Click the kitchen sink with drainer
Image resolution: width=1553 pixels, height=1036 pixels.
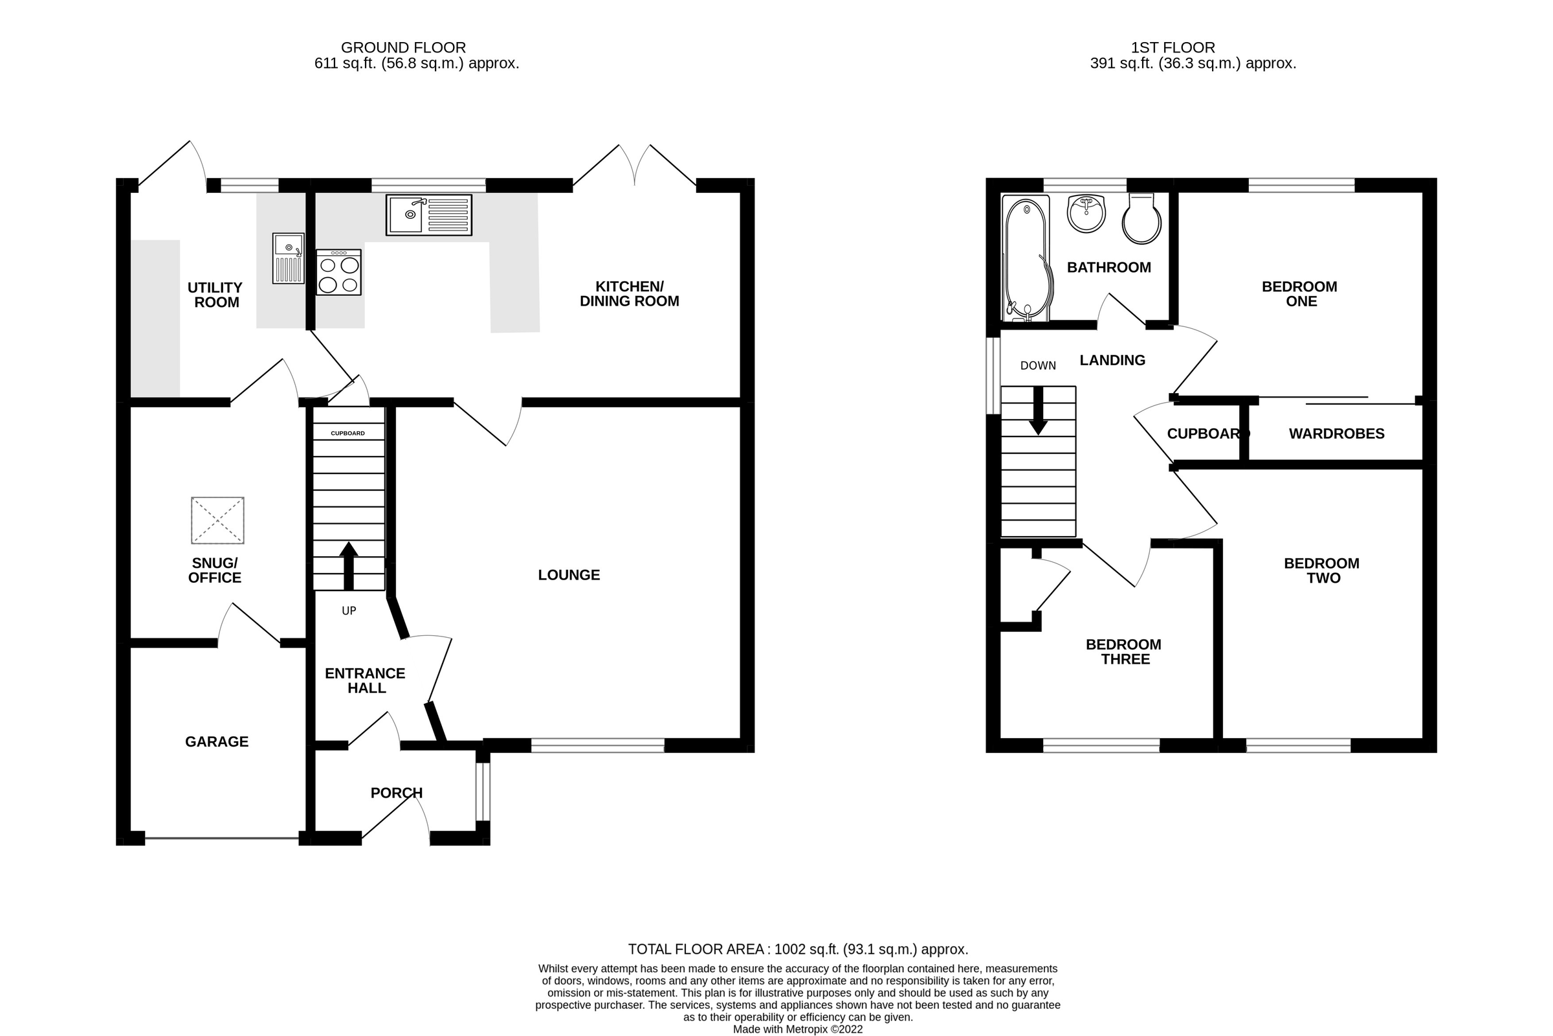coord(428,215)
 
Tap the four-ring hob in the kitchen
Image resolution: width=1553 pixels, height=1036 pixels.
coord(338,272)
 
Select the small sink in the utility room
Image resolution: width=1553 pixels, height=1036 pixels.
coord(289,258)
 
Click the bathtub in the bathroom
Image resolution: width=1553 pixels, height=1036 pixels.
coord(1026,260)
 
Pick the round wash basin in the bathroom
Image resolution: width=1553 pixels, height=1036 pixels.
coord(1086,214)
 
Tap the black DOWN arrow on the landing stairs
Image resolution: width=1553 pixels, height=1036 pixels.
coord(1038,410)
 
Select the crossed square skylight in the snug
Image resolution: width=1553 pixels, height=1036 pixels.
coord(217,520)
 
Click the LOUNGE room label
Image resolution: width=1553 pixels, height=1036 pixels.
coord(569,575)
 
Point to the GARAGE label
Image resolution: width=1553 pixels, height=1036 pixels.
coord(217,741)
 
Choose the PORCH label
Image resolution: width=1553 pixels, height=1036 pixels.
coord(396,792)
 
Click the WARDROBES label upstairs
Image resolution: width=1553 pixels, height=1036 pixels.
coord(1336,433)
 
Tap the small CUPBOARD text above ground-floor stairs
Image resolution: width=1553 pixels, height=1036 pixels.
coord(347,433)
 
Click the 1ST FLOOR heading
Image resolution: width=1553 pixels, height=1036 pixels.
coord(1172,47)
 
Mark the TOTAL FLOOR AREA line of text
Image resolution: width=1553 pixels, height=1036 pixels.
coord(798,949)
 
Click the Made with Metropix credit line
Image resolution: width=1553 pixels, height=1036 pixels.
coord(797,1029)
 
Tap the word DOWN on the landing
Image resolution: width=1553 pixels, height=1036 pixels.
coord(1037,365)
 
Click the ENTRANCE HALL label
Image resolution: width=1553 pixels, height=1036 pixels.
coord(364,681)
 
